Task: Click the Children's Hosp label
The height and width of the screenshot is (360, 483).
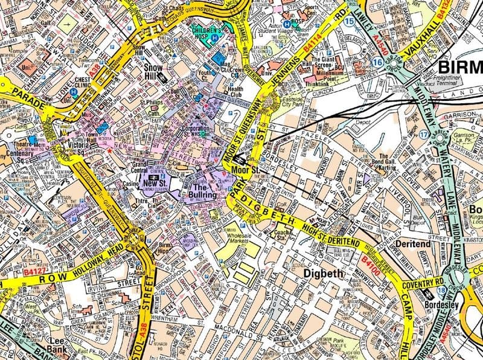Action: click(x=206, y=33)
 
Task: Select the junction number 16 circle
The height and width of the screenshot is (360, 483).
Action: click(x=378, y=62)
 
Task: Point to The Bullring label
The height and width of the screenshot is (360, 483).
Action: click(x=205, y=191)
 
